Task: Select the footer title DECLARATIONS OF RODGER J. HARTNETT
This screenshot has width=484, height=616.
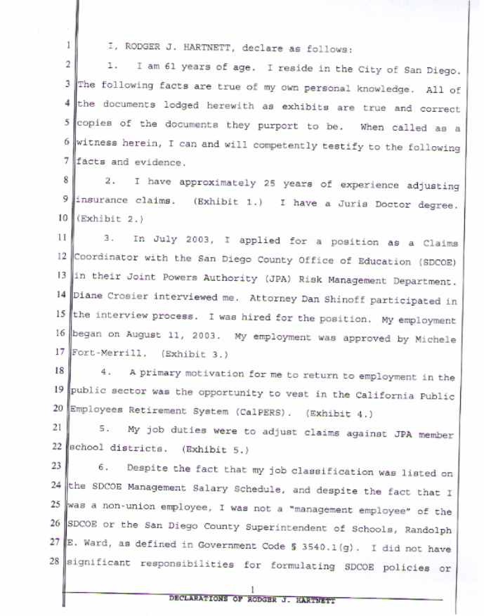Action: [x=253, y=601]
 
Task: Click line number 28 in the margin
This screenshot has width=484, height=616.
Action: [x=62, y=562]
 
